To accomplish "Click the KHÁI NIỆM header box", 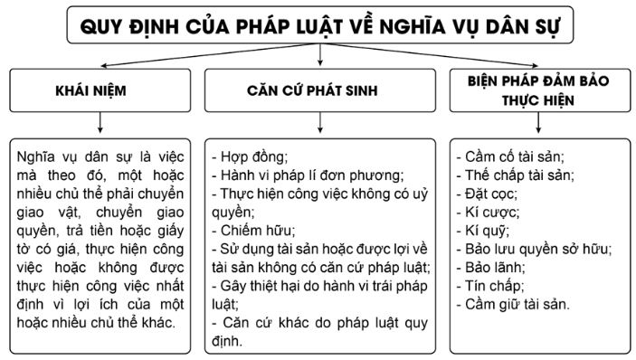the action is (101, 91).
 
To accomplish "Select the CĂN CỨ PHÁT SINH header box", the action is (318, 91).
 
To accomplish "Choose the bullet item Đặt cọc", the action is (492, 193).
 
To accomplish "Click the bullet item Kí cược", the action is (492, 212).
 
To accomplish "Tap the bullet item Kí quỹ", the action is (489, 230).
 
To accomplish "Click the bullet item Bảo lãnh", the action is (495, 268).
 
